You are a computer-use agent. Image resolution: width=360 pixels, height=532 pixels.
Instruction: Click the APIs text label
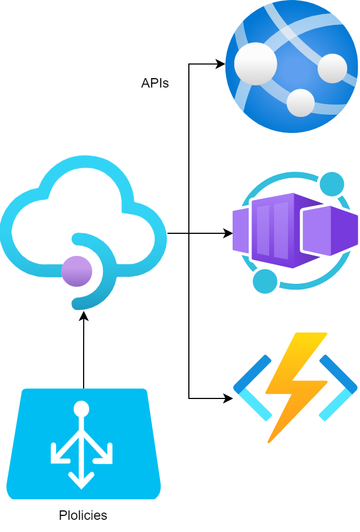(155, 83)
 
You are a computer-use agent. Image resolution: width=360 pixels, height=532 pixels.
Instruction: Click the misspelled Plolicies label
(83, 515)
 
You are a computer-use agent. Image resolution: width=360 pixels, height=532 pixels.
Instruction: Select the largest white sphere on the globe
(255, 64)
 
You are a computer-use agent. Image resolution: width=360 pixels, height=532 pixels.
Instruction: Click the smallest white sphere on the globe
(301, 103)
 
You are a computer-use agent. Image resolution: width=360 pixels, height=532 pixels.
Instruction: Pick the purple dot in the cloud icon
(76, 271)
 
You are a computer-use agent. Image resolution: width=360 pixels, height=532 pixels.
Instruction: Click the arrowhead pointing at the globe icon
(221, 64)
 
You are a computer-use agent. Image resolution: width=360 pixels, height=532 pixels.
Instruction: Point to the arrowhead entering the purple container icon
(228, 233)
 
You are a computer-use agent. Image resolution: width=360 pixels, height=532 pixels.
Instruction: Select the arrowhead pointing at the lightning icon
(228, 398)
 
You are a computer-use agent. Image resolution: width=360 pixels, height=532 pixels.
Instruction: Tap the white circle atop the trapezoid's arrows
(81, 409)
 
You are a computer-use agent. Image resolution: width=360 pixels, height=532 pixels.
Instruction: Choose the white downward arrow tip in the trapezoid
(81, 483)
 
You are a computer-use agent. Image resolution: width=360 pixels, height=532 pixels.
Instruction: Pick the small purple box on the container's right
(330, 230)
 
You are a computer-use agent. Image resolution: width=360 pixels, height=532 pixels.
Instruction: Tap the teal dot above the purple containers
(332, 184)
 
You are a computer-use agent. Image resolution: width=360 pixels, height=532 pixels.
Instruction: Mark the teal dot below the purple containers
(265, 281)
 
